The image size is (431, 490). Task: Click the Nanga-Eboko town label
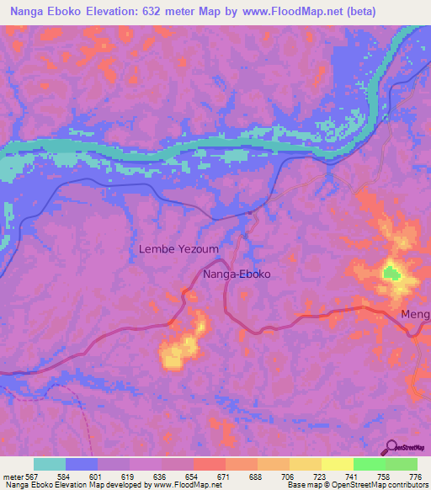(239, 274)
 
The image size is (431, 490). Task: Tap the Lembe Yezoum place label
(175, 249)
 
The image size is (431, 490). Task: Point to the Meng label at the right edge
(416, 315)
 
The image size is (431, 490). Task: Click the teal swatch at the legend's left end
(50, 464)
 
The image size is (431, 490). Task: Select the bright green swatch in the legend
(369, 464)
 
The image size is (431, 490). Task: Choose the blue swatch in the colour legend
(82, 464)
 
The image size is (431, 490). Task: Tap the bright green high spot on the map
(391, 273)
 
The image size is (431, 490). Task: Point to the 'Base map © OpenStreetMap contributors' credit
(359, 484)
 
